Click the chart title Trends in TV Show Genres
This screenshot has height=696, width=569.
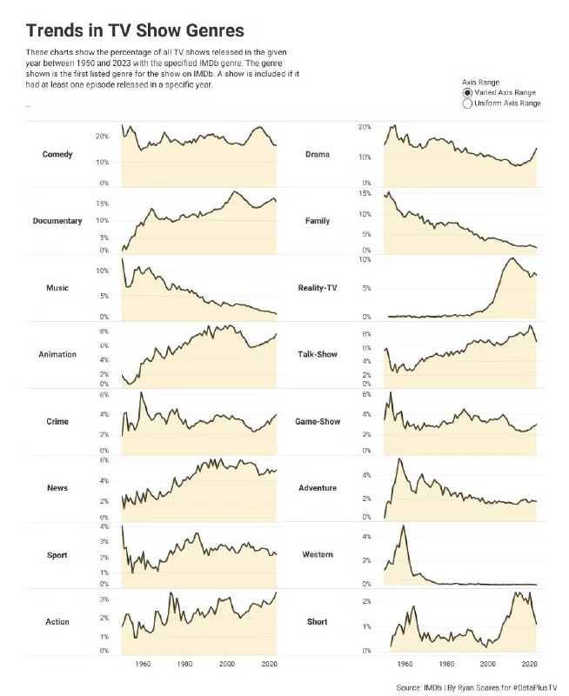pyautogui.click(x=135, y=32)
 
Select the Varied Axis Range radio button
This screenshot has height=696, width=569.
pyautogui.click(x=467, y=92)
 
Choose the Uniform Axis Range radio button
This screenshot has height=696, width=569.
pyautogui.click(x=467, y=104)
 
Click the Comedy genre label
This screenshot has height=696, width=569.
pyautogui.click(x=57, y=155)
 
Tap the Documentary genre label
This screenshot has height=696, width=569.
pyautogui.click(x=57, y=221)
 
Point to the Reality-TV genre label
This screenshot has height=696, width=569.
pyautogui.click(x=318, y=288)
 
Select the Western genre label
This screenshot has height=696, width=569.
pyautogui.click(x=318, y=555)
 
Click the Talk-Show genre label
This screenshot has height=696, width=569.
pyautogui.click(x=318, y=355)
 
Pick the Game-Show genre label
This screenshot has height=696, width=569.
pyautogui.click(x=318, y=422)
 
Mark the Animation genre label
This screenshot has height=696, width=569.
pyautogui.click(x=57, y=355)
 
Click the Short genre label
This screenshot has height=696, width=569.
pyautogui.click(x=318, y=622)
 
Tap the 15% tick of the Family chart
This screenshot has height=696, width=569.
pyautogui.click(x=365, y=193)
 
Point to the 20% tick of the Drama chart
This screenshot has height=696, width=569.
pyautogui.click(x=365, y=128)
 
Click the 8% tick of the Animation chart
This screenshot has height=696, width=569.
pyautogui.click(x=103, y=331)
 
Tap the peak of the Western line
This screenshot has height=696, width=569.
pyautogui.click(x=403, y=525)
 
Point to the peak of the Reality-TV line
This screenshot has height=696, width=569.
pyautogui.click(x=511, y=258)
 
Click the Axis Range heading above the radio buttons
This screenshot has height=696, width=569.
pyautogui.click(x=480, y=81)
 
